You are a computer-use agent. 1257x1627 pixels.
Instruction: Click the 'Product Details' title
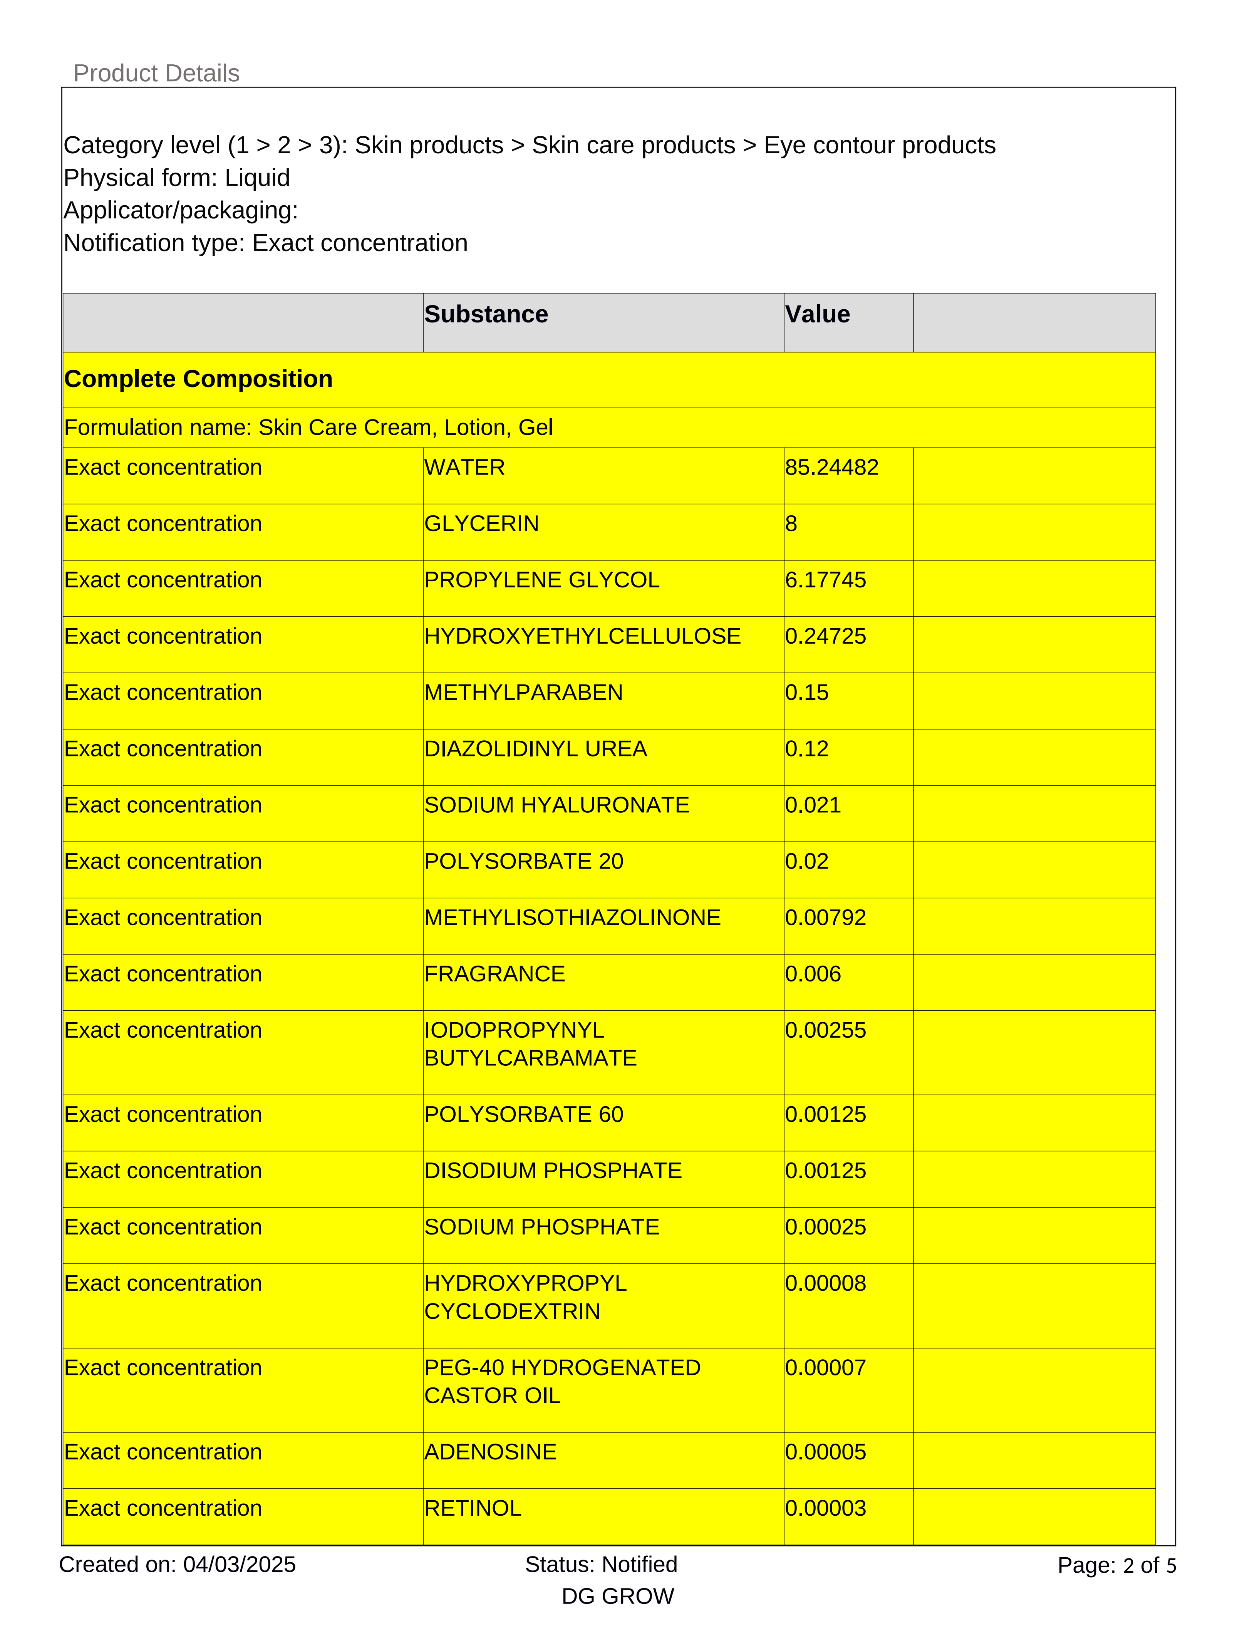click(156, 73)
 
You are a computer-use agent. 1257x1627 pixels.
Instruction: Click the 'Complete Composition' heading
click(198, 379)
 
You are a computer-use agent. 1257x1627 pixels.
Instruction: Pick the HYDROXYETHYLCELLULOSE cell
click(582, 636)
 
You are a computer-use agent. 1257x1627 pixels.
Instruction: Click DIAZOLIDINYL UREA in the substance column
click(535, 749)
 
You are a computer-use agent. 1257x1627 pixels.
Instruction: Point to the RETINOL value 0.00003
click(825, 1508)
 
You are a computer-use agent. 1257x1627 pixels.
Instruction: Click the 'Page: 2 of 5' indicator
click(1116, 1565)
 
